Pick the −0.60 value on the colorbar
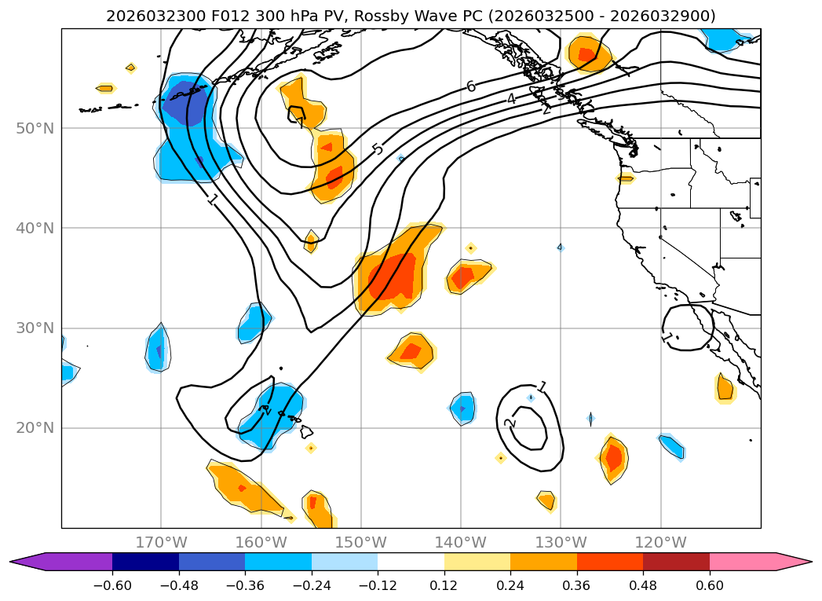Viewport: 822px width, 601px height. (x=112, y=585)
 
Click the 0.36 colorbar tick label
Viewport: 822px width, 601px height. (x=577, y=585)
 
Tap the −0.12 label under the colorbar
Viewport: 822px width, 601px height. (x=378, y=585)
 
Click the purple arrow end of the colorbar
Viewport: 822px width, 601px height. (x=28, y=562)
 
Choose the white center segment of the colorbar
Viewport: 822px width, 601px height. (x=411, y=562)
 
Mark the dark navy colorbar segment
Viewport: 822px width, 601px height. (x=145, y=562)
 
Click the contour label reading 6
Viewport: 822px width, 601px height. (x=471, y=86)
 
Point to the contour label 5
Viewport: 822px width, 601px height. (x=378, y=148)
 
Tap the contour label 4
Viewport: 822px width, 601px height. (x=511, y=99)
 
